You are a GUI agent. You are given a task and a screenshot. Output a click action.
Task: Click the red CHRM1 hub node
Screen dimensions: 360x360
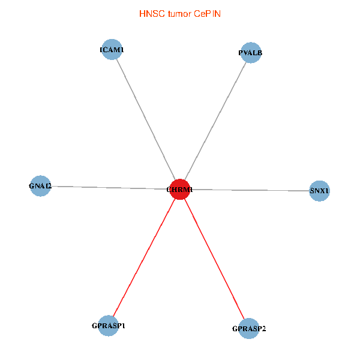pos(180,190)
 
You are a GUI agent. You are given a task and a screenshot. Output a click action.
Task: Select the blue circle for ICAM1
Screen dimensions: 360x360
pos(112,49)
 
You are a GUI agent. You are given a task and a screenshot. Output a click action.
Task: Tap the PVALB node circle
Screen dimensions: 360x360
pos(251,53)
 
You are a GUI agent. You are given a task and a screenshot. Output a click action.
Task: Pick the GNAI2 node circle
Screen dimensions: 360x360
pos(40,186)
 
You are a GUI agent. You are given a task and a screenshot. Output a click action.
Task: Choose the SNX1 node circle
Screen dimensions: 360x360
pos(319,191)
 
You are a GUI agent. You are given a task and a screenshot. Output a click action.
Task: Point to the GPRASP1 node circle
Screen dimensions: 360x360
pos(109,326)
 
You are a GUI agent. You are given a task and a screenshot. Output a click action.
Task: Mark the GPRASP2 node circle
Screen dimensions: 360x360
pos(249,328)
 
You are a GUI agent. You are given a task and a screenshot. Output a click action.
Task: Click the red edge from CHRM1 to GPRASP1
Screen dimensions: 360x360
pos(144,257)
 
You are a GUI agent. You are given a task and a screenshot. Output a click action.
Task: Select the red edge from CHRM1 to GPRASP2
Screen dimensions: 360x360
pos(214,259)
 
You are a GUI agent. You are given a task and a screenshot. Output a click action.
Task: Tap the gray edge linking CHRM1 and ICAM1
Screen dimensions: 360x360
pos(146,119)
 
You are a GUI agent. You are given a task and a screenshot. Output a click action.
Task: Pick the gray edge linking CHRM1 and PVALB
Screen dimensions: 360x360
pos(215,121)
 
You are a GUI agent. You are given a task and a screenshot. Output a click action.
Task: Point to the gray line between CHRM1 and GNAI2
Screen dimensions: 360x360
pos(110,188)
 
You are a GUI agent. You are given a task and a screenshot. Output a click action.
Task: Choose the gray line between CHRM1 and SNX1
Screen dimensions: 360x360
pos(250,190)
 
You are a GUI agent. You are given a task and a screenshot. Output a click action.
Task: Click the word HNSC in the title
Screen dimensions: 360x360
pos(152,14)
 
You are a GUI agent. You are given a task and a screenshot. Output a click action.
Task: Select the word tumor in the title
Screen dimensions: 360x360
pos(179,14)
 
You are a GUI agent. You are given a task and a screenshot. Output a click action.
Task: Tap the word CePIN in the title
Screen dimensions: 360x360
pos(208,14)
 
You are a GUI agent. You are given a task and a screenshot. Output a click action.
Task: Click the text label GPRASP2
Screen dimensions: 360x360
pos(249,329)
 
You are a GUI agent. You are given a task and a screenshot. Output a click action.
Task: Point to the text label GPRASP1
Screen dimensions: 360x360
pos(109,326)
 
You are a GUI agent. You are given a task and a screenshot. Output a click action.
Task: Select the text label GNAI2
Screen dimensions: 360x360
pos(40,186)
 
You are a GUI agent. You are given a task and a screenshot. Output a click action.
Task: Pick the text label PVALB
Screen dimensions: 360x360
pos(250,53)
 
